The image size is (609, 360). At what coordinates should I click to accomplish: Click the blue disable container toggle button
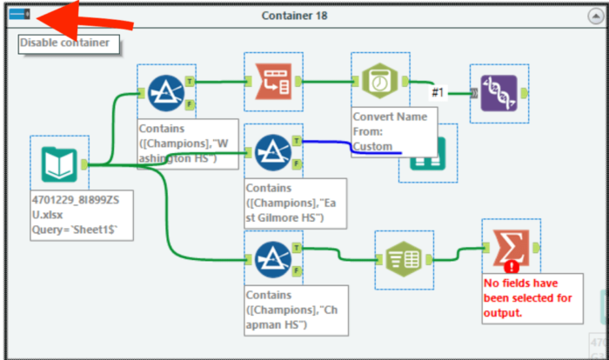coord(17,15)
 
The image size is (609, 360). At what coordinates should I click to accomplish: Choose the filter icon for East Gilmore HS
coord(272,152)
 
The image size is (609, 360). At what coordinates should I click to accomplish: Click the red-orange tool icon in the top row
coord(272,82)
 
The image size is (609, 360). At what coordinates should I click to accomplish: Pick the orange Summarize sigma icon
coord(511,249)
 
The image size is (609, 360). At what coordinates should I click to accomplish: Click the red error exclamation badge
coord(512,267)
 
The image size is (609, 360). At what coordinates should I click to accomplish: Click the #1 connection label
coord(438,91)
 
